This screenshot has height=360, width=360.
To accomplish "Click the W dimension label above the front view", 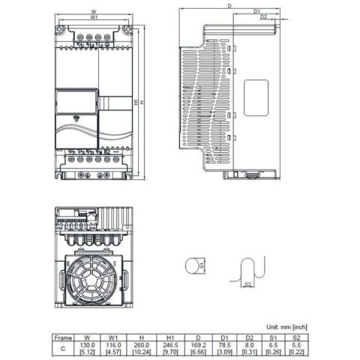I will point(92,12).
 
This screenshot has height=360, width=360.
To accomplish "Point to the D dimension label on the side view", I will point(229,5).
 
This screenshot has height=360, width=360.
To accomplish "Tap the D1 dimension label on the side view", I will point(256,11).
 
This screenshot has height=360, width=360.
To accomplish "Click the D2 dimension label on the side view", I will point(264,17).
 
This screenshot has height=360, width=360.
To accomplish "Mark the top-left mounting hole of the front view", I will point(61,31).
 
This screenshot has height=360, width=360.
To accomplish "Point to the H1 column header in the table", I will point(170,337).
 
